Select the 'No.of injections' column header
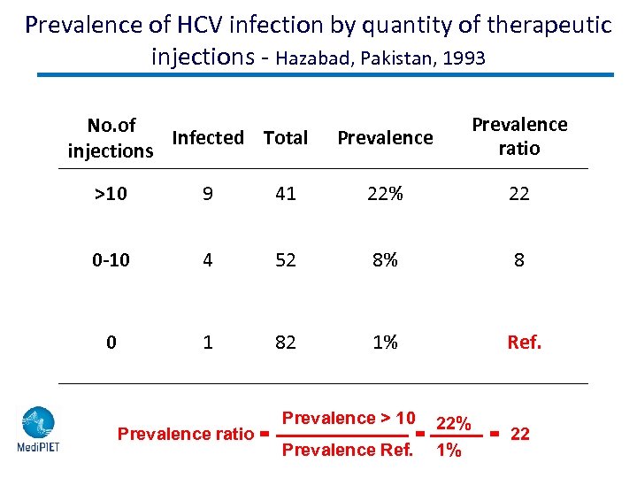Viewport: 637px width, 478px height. (x=111, y=138)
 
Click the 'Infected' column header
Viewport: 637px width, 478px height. (x=208, y=138)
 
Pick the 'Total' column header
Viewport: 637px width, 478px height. (x=286, y=138)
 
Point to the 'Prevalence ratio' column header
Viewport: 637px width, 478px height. (x=519, y=136)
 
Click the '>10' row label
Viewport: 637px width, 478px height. (x=111, y=194)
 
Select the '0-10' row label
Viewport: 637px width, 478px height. (x=111, y=260)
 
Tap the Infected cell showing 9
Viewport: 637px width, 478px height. (x=208, y=194)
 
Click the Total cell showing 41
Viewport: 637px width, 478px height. (x=286, y=194)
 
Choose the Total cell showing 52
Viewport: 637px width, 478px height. (x=286, y=260)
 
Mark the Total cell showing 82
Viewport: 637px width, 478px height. (x=286, y=342)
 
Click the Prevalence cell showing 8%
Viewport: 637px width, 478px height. (x=385, y=260)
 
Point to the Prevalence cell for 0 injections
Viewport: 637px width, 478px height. (x=385, y=342)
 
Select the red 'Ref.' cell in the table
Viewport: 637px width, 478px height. (x=524, y=342)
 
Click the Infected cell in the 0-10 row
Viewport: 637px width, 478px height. (x=208, y=260)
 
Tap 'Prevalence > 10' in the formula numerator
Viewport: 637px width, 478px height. (x=348, y=418)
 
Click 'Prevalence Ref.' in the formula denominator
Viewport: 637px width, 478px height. (x=347, y=450)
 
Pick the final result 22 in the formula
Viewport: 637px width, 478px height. (x=521, y=434)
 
